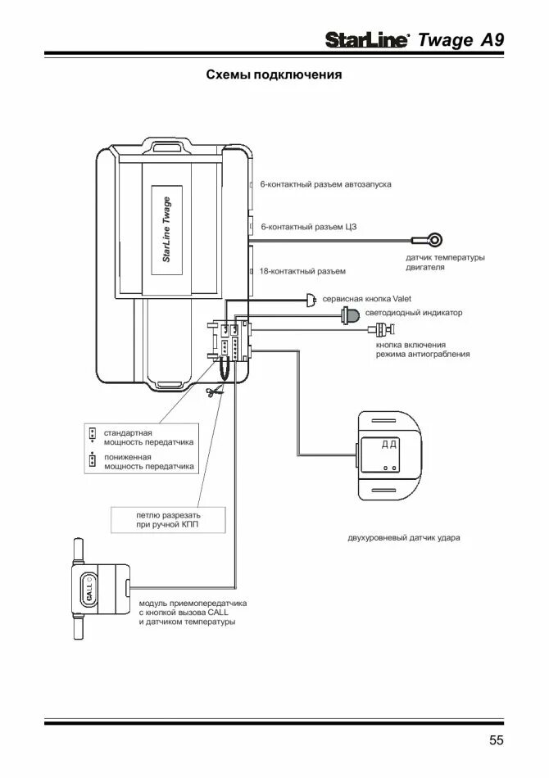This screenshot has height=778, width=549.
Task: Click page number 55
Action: (497, 741)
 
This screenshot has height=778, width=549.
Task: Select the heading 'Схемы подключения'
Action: (273, 75)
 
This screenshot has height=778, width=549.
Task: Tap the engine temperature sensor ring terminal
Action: (435, 239)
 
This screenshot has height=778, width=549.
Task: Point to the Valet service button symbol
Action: (311, 300)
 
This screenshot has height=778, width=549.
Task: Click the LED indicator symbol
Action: (351, 314)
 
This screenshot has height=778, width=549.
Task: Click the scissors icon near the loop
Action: (213, 394)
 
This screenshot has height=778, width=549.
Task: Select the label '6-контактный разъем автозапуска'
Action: (325, 185)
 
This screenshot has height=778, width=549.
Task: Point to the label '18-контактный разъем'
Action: (302, 271)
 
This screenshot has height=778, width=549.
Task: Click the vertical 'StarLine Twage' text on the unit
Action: (166, 228)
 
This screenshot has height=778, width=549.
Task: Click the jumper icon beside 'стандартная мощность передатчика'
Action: (93, 433)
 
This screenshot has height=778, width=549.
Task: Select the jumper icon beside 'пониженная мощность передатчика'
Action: (93, 460)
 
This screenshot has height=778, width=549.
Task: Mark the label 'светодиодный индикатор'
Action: (414, 313)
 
